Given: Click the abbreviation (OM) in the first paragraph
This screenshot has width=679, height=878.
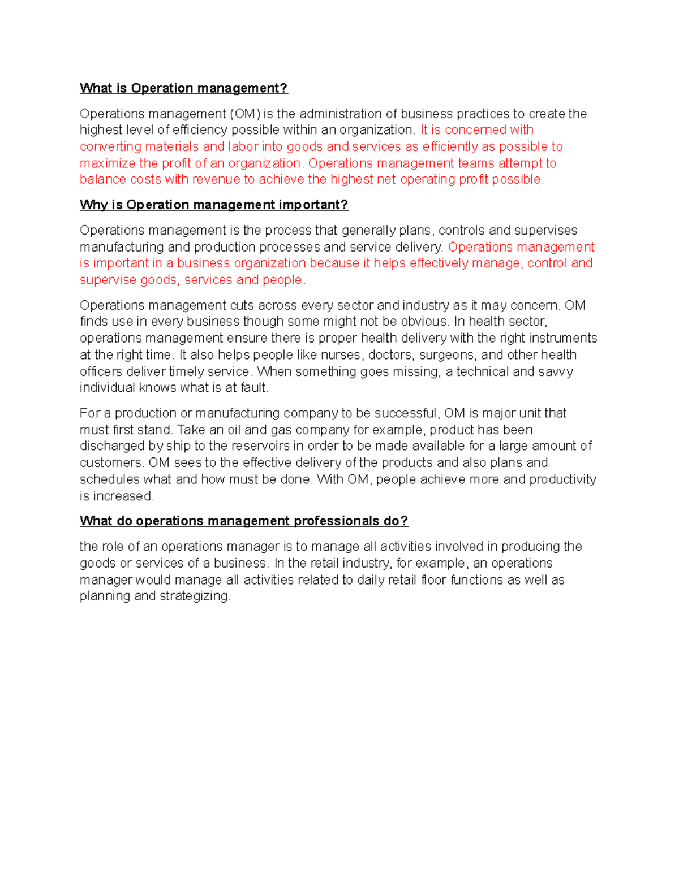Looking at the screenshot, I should tap(245, 114).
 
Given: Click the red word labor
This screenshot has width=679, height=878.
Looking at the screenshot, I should tap(243, 147).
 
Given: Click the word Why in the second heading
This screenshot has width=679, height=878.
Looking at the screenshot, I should tap(93, 205).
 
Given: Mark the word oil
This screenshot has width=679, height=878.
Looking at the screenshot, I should tap(234, 430).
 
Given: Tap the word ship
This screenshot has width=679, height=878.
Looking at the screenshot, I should tap(178, 446).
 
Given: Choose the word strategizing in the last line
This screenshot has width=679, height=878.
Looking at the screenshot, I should tap(195, 596).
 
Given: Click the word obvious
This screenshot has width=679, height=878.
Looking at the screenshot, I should tap(427, 322).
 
